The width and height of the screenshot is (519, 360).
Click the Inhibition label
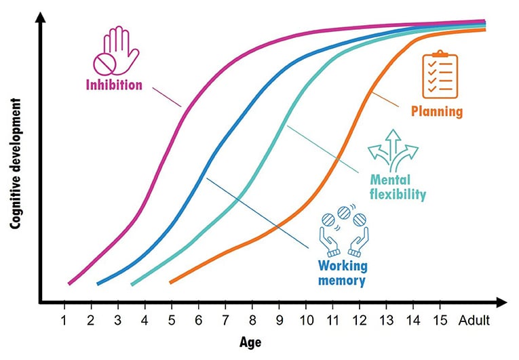(x=114, y=85)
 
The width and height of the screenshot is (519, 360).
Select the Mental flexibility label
(x=398, y=187)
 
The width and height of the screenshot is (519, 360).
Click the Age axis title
(x=250, y=342)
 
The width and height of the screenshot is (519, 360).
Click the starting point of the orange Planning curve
(x=170, y=281)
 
